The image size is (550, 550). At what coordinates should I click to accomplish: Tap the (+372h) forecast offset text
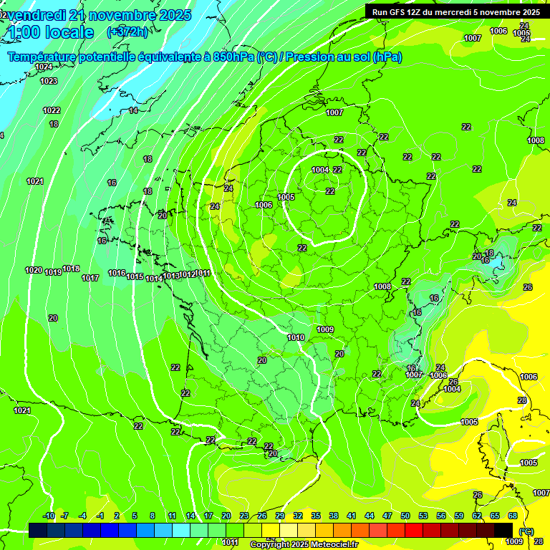(x=127, y=32)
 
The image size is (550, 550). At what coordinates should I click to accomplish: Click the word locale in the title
(x=69, y=32)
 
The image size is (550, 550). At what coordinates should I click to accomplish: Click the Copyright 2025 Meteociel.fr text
(x=304, y=544)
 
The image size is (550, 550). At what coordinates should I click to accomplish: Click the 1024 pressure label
(x=44, y=67)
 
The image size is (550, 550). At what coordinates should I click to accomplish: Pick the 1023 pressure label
(x=49, y=82)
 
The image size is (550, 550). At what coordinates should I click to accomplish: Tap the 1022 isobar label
(x=52, y=110)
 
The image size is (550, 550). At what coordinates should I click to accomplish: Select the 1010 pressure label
(x=296, y=337)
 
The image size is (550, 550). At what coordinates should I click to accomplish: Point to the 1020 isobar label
(x=33, y=270)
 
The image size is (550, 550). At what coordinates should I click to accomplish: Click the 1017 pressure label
(x=90, y=278)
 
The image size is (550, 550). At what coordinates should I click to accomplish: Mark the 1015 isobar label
(x=135, y=276)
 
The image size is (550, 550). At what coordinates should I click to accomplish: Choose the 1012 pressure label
(x=187, y=275)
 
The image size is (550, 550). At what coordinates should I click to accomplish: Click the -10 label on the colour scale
(x=49, y=516)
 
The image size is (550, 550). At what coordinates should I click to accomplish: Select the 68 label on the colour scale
(x=513, y=516)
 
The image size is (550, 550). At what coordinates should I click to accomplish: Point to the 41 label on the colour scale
(x=352, y=516)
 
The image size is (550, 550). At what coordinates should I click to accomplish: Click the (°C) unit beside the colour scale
(x=526, y=531)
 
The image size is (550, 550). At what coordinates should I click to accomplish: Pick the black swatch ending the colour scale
(x=503, y=530)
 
